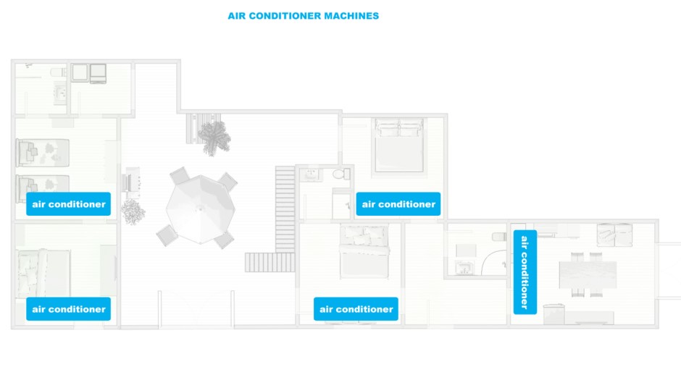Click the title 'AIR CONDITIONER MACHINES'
coord(303,15)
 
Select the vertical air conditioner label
coord(525,272)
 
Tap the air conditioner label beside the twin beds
coord(69,204)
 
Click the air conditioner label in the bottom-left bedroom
coord(69,309)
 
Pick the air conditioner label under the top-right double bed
coord(398,204)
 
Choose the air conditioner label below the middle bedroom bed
coord(356,309)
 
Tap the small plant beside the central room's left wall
coord(133,211)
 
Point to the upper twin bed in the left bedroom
coord(42,152)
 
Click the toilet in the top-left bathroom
coord(57,72)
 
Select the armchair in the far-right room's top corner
coord(607,234)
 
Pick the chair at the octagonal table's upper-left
coord(178,176)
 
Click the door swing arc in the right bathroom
coord(495,262)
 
